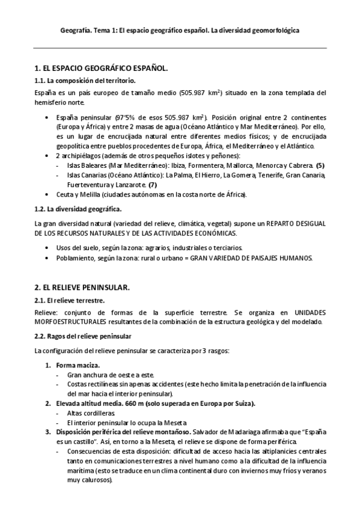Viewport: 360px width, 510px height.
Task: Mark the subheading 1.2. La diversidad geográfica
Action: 78,209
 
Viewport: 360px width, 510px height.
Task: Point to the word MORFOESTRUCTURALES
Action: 71,322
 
